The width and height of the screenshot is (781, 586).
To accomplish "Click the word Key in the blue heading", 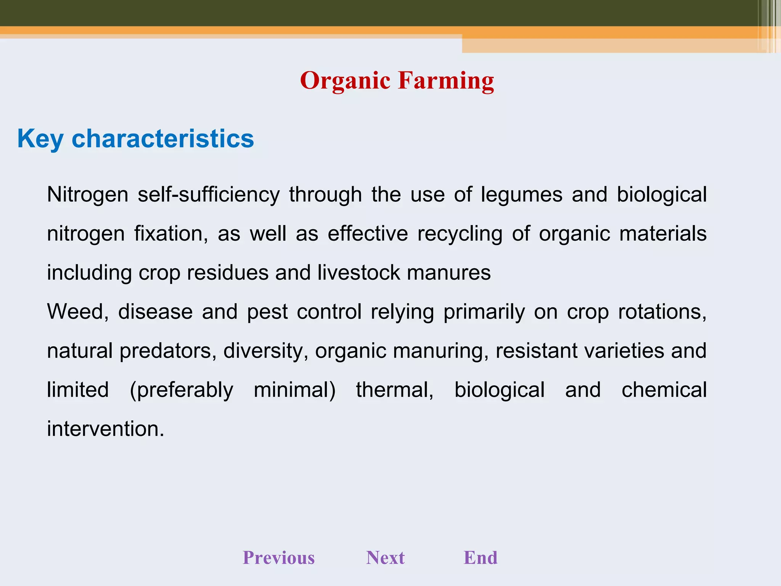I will [x=40, y=139].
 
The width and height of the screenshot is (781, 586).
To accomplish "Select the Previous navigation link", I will [x=279, y=557].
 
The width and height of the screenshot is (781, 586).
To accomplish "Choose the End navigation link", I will [x=480, y=557].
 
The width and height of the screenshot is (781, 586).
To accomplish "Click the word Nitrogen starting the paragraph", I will [x=87, y=195].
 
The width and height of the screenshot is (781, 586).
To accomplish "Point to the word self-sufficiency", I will [x=208, y=195].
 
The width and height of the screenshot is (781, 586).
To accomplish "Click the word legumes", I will [x=521, y=195].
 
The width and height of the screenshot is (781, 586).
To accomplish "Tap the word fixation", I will [x=171, y=233].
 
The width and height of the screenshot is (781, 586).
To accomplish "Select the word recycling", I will [x=460, y=234].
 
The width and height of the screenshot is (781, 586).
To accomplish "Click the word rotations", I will [x=662, y=312].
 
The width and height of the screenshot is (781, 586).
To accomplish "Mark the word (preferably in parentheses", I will [x=181, y=390].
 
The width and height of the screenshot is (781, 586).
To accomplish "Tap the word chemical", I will [x=664, y=390].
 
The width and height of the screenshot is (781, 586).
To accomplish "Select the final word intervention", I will [x=105, y=429].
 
